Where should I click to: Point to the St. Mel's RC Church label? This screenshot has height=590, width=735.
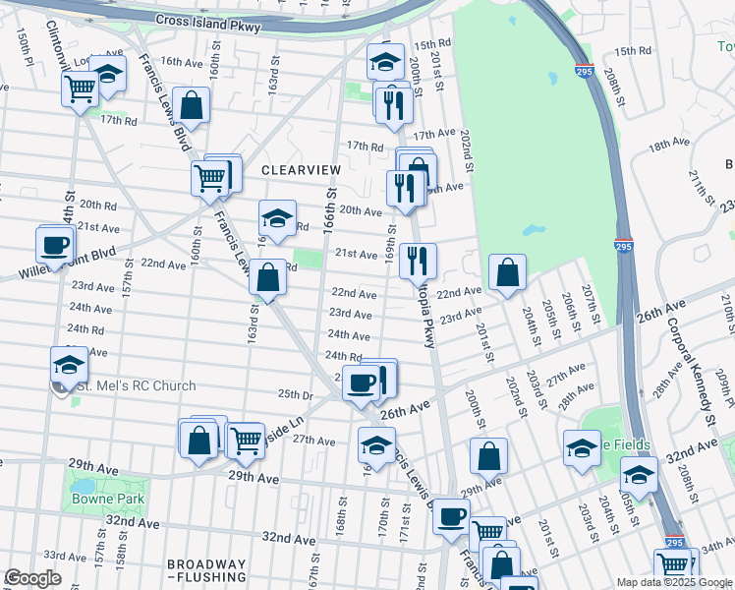133,386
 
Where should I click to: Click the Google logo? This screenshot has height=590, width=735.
32,578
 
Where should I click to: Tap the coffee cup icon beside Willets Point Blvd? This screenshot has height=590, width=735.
55,244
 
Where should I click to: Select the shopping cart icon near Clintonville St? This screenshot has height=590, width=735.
80,88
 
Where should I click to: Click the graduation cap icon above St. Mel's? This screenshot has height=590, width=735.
69,364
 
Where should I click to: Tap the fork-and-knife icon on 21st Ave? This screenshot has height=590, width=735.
418,260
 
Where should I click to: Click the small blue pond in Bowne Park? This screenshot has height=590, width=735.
83,486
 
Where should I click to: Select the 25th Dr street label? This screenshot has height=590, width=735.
295,393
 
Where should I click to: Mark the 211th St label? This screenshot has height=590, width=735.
700,183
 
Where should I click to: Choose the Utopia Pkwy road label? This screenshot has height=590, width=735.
423,324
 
